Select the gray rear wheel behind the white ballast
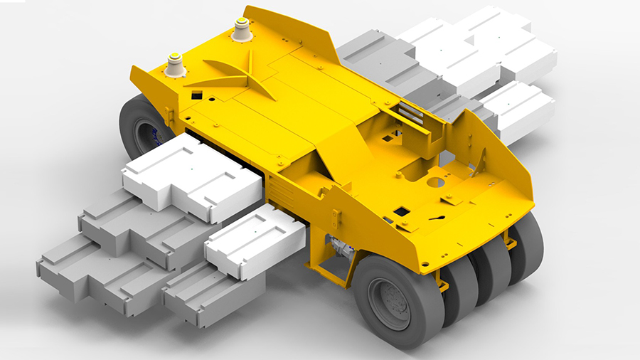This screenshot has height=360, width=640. pyautogui.click(x=139, y=128)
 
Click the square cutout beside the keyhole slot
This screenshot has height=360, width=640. pyautogui.click(x=401, y=211)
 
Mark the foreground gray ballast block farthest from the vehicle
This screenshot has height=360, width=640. pyautogui.click(x=92, y=274)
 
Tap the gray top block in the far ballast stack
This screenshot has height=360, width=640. pyautogui.click(x=377, y=57)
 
